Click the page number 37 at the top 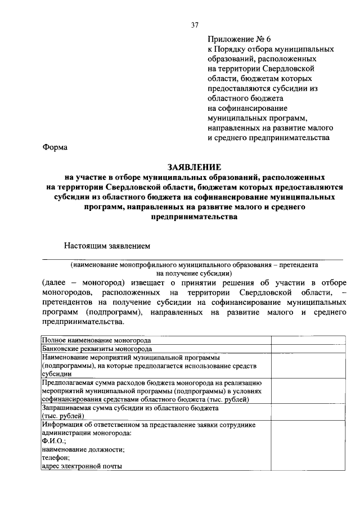(195, 25)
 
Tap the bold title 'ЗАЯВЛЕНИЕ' (194, 167)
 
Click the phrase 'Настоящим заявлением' (107, 245)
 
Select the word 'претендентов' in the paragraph (67, 303)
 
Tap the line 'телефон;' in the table (55, 458)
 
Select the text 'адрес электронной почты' (82, 466)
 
